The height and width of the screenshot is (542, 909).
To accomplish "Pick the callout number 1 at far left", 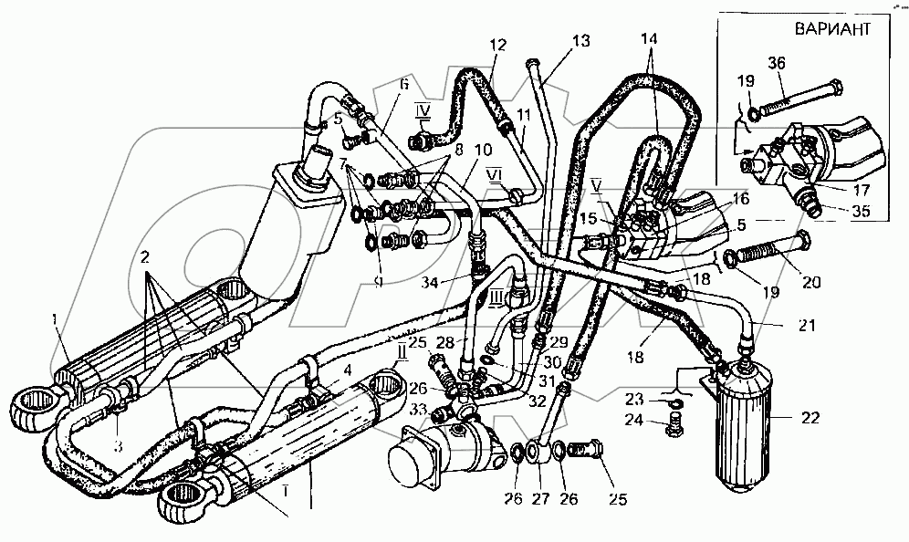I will tap(57, 318).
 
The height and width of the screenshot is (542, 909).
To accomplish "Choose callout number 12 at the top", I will tap(496, 46).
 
